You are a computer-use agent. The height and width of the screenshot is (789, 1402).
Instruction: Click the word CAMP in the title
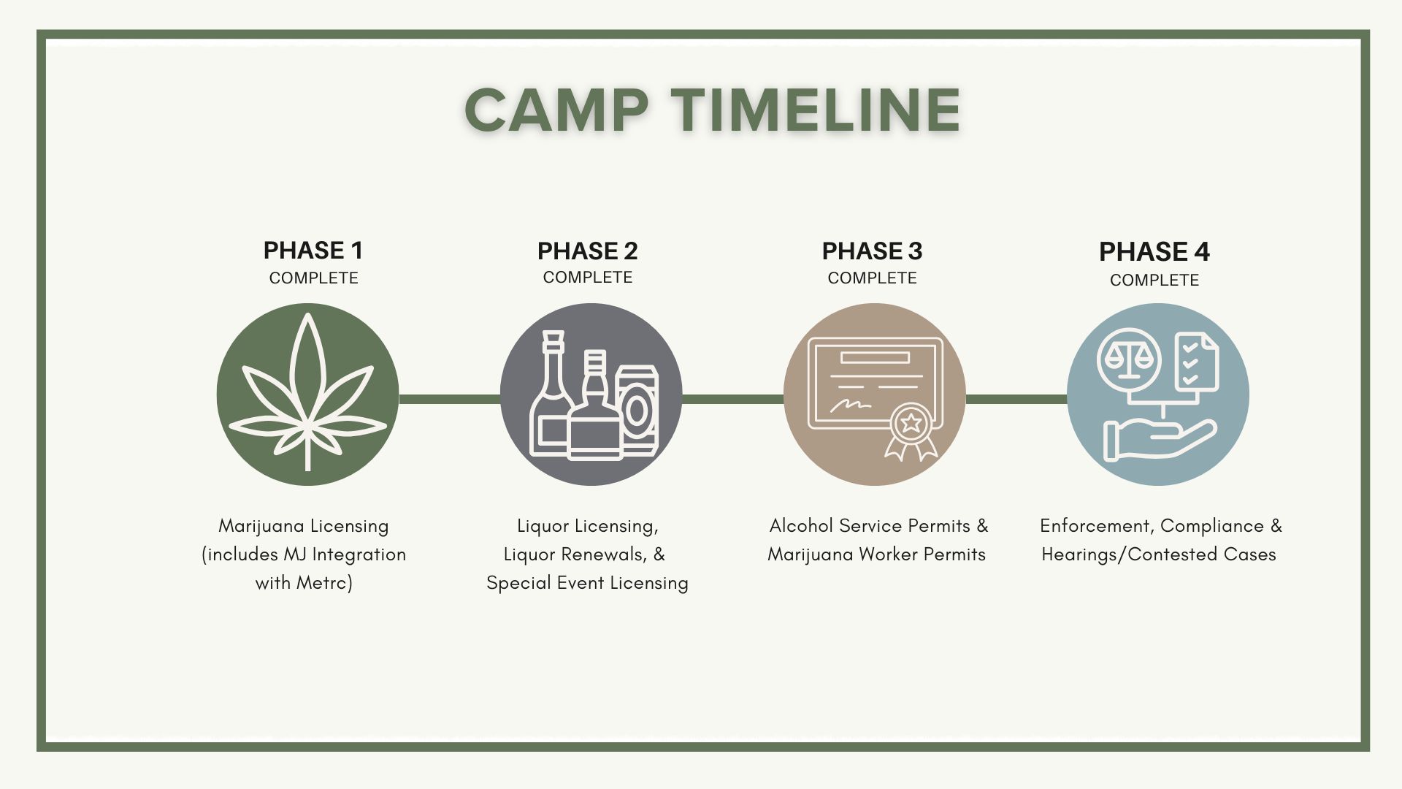(556, 110)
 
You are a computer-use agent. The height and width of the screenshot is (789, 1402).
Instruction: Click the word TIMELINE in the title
(816, 110)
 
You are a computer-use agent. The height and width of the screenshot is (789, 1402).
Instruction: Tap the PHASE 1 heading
(313, 251)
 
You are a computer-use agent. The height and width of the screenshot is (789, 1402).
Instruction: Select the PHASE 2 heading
(587, 251)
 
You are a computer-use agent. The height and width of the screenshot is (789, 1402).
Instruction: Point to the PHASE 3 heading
(872, 251)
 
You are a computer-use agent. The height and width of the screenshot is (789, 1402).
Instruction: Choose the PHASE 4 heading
(1154, 252)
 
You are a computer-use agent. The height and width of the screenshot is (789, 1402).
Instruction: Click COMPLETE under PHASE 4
(1154, 281)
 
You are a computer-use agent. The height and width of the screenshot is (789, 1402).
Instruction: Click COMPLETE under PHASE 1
(313, 278)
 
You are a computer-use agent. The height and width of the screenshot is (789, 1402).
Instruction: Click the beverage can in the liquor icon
(637, 410)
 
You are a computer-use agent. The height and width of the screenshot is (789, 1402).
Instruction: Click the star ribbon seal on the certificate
(911, 431)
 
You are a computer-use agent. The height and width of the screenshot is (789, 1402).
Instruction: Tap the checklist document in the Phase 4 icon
(1196, 362)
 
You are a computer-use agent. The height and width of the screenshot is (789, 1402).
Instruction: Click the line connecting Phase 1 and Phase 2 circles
(450, 399)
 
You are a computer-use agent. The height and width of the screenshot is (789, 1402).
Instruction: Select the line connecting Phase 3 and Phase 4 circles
(1016, 399)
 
